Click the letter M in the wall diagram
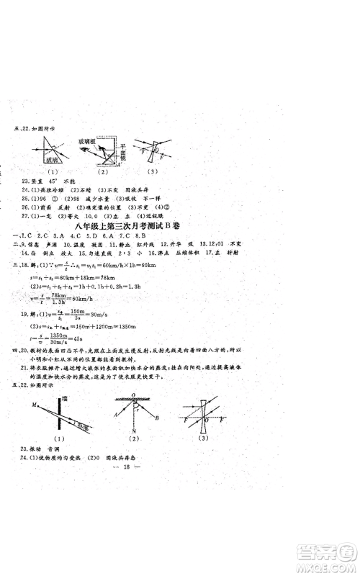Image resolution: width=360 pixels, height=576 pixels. tap(33, 405)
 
